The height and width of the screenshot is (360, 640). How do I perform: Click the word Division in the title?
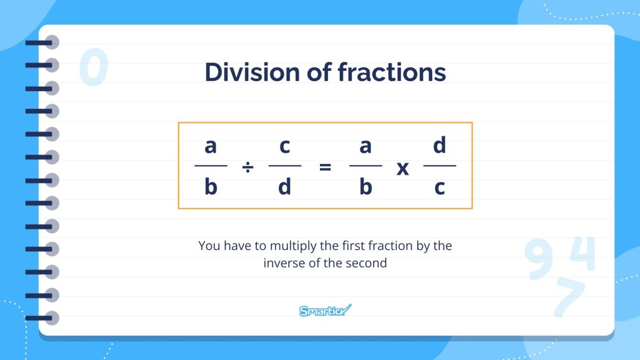250,73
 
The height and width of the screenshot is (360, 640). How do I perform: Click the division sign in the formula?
248,167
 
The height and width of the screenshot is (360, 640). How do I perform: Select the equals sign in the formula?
325,167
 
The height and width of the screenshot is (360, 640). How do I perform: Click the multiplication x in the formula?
403,168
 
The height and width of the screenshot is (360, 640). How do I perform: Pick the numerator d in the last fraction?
440,146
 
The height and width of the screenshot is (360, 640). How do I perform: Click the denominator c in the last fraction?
440,188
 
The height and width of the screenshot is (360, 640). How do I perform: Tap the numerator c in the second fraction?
285,146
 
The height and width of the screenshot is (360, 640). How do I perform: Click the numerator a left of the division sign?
210,146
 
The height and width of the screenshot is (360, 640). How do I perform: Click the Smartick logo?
325,311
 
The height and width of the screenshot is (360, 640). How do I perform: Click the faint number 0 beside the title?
93,68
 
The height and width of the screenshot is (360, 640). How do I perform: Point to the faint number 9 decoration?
539,260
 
